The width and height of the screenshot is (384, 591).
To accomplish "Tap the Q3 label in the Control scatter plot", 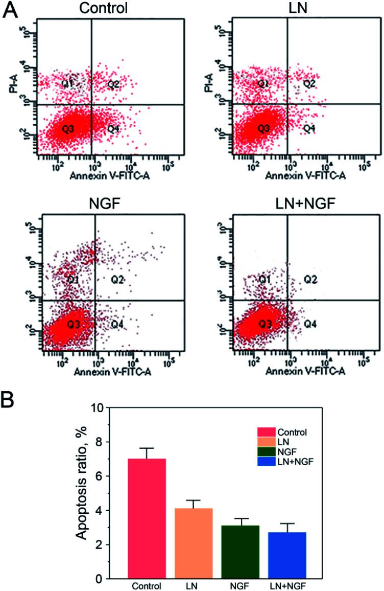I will (x=68, y=129).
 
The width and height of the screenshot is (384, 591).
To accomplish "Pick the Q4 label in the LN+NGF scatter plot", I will (x=310, y=324).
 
